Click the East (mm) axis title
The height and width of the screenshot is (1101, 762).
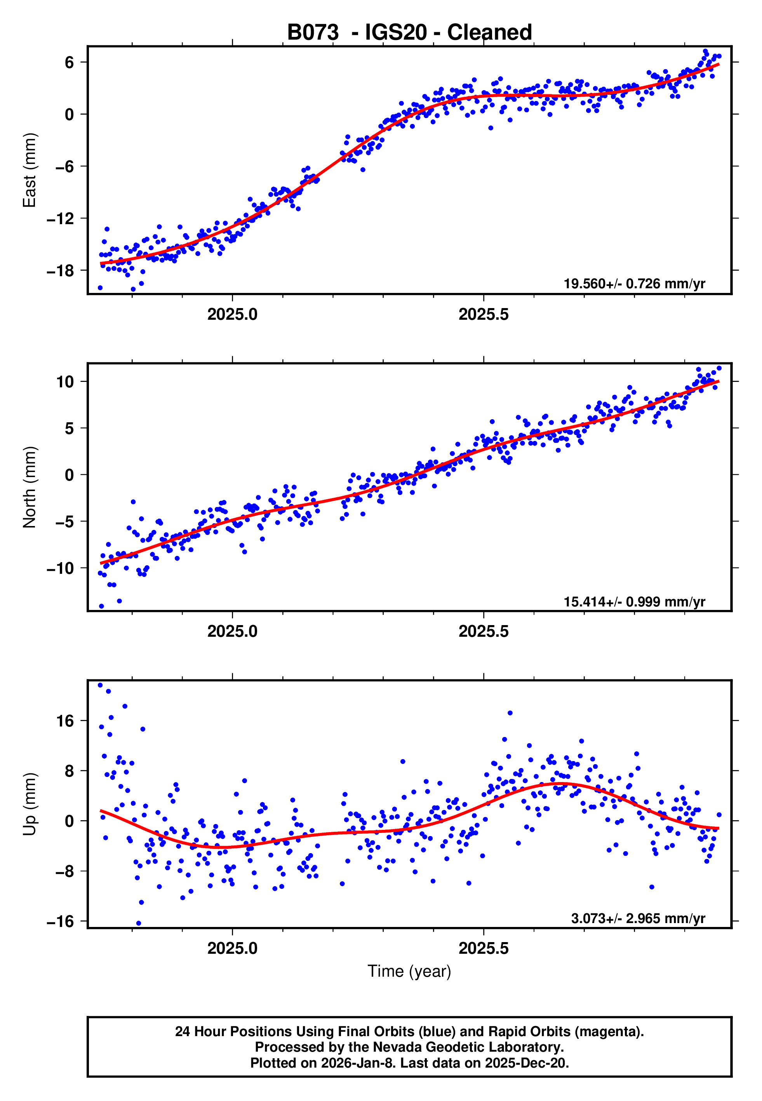30,170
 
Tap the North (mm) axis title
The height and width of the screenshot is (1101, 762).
30,487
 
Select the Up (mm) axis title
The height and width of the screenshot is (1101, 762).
30,804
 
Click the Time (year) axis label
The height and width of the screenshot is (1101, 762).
409,971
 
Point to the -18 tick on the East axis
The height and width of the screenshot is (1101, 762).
60,271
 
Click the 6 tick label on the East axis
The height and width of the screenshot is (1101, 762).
69,63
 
